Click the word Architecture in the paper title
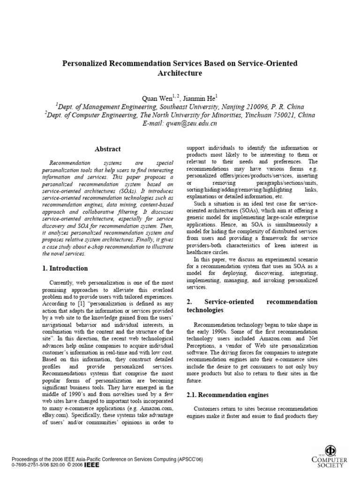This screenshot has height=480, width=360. (180, 73)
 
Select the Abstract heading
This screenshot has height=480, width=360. (108, 149)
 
